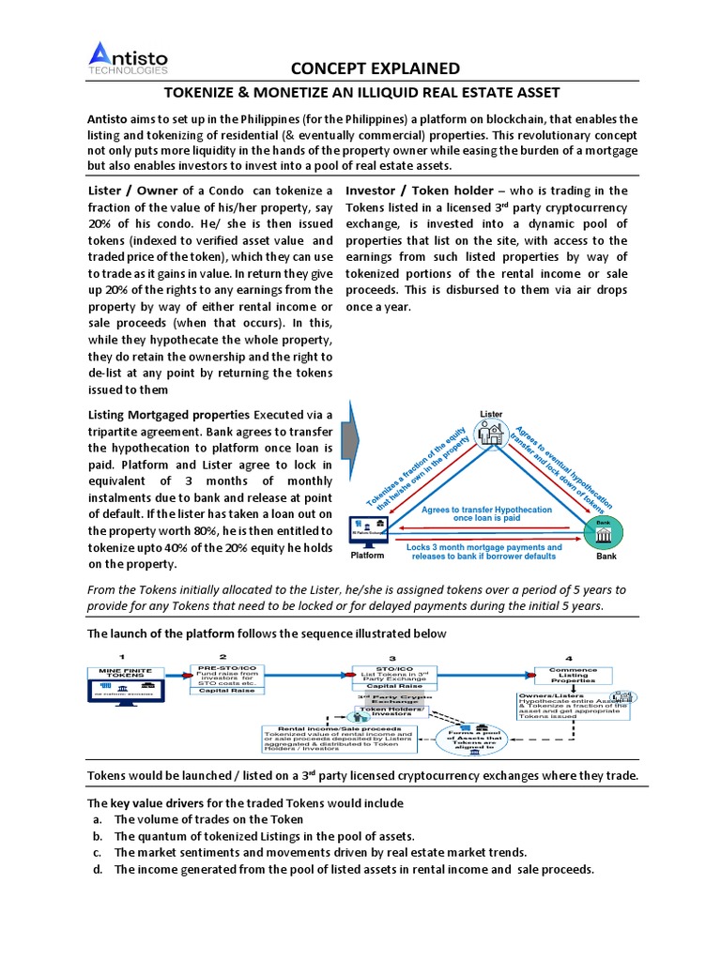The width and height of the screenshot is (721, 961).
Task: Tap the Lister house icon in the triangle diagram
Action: click(490, 433)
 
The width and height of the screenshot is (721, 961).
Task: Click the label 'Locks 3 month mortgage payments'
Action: click(484, 546)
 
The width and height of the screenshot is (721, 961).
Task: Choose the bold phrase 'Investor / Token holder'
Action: click(418, 191)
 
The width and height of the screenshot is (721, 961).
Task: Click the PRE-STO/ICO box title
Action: click(222, 666)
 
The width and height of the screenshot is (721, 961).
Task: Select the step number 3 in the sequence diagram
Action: click(391, 657)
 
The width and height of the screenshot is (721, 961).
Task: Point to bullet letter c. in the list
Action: click(97, 852)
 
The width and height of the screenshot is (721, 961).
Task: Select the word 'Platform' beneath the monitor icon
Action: click(367, 556)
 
